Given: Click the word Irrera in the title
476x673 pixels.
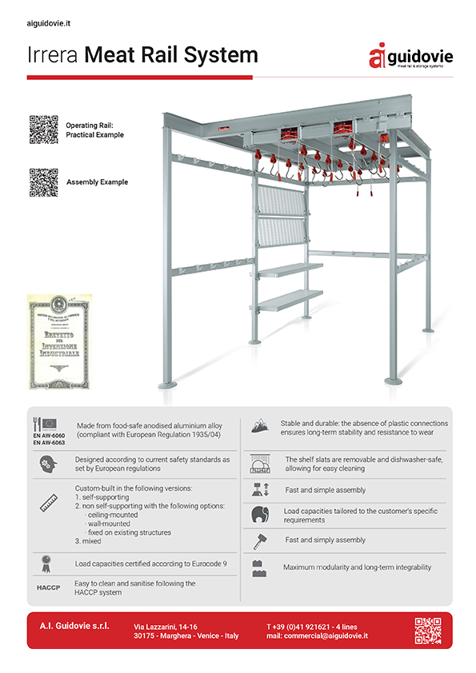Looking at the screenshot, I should click(x=54, y=55).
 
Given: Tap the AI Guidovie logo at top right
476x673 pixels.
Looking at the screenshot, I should click(x=410, y=56).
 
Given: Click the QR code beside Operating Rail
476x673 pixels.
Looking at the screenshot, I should click(x=43, y=129).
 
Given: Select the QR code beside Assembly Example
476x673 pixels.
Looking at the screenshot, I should click(x=43, y=181).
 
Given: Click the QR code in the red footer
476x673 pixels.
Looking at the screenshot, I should click(x=428, y=631).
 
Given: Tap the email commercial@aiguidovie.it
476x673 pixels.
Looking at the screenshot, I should click(x=317, y=635).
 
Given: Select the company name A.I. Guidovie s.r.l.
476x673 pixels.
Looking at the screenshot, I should click(x=74, y=624).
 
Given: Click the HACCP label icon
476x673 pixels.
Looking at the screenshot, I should click(x=49, y=587).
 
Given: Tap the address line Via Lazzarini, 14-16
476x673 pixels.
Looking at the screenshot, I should click(x=166, y=625).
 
